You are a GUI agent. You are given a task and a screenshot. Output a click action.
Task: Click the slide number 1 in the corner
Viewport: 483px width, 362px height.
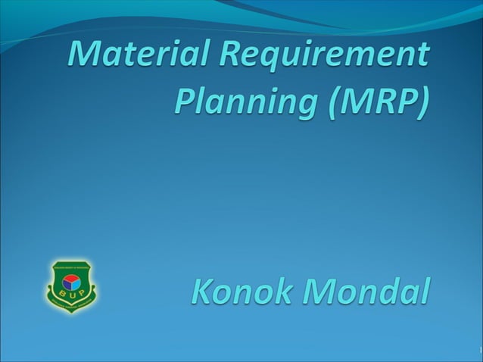click(x=480, y=349)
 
